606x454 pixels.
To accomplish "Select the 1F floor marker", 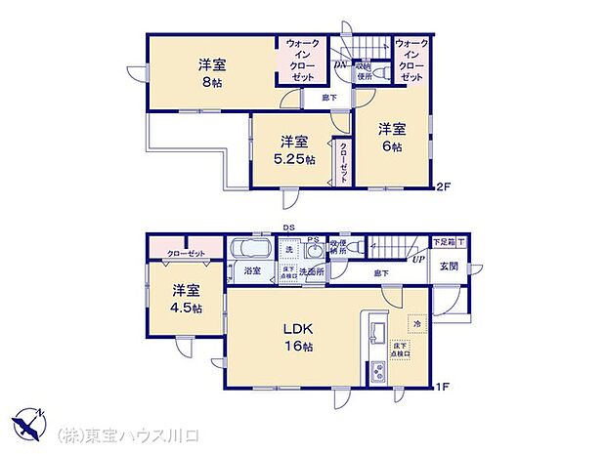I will pos(442,386).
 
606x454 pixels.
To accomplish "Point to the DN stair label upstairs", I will pos(340,65).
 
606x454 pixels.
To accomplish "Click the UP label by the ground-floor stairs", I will pos(417,260).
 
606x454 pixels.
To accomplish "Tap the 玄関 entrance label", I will pos(449,266).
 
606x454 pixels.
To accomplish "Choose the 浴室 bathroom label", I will pos(252,270).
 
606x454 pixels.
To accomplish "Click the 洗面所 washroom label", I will pos(311,270).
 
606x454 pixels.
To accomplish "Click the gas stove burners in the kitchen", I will pos(376,372).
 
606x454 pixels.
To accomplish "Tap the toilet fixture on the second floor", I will pos(384,72).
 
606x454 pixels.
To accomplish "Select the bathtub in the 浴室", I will pos(252,250).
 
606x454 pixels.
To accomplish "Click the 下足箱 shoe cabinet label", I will pos(445,241).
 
